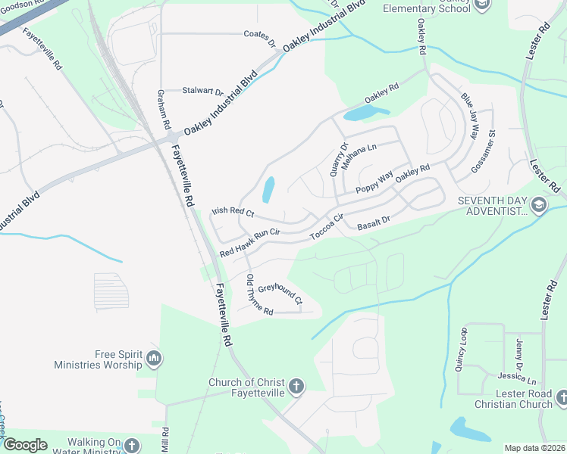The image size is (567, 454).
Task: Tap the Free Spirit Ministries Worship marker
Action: (x=154, y=358)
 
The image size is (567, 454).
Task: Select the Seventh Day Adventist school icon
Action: (x=538, y=205)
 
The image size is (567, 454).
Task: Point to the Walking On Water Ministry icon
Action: (x=132, y=445)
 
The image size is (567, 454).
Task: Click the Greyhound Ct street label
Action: (x=280, y=293)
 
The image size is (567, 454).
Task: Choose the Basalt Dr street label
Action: (x=373, y=220)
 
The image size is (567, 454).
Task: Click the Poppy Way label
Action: (x=374, y=181)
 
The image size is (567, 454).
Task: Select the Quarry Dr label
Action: (x=339, y=160)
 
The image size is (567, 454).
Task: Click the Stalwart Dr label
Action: (x=202, y=91)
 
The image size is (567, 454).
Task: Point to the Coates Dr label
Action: (x=260, y=34)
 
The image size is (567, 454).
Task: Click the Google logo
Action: (x=25, y=445)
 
